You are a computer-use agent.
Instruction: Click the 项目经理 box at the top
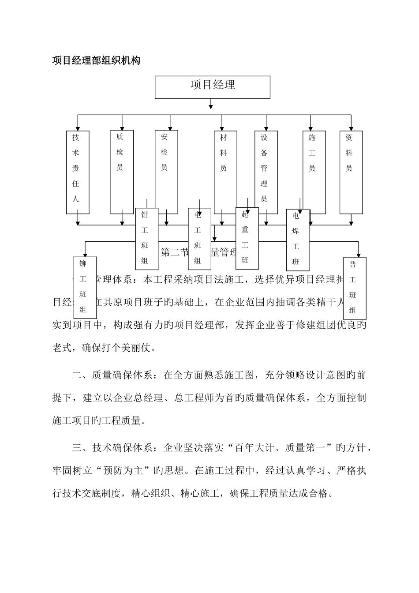212,86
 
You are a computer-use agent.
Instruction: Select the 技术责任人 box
78,172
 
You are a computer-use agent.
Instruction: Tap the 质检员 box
122,172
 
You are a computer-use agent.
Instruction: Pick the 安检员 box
166,172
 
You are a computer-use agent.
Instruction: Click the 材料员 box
225,172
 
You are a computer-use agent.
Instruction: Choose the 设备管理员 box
266,172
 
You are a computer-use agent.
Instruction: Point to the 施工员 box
314,172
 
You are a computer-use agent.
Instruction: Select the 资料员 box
351,172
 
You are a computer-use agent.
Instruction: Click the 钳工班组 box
146,238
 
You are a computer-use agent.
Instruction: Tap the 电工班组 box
199,239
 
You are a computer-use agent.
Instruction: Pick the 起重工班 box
247,238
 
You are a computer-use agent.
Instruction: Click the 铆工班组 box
85,287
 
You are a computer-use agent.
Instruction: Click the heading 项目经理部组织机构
96,61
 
